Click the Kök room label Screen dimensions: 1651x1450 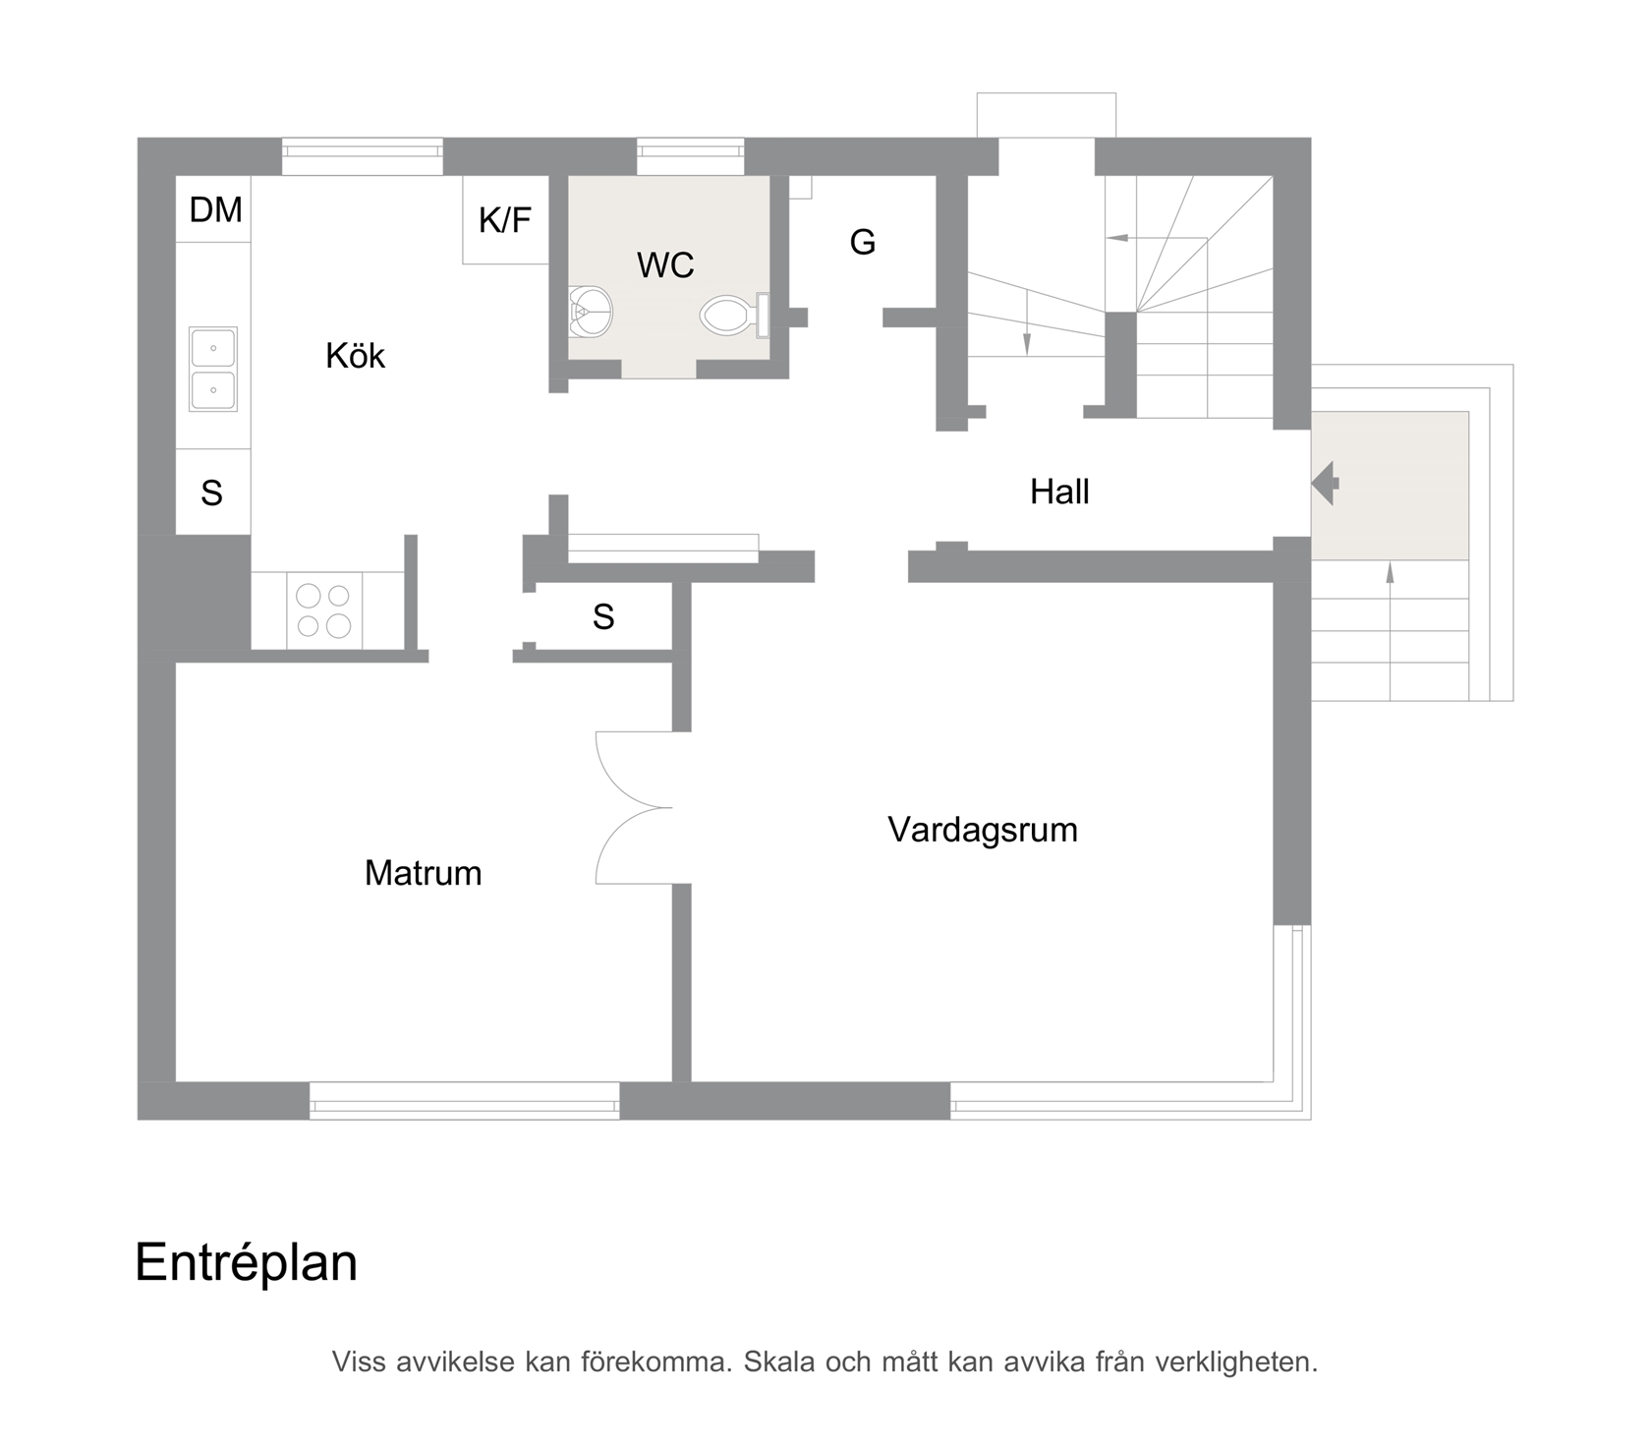(355, 355)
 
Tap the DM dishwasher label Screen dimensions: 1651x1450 (215, 209)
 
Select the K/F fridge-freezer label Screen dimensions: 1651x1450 (505, 220)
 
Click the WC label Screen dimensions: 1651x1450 (665, 264)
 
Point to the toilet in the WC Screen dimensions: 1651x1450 (734, 316)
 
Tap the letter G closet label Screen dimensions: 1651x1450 (862, 242)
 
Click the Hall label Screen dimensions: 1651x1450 (1059, 492)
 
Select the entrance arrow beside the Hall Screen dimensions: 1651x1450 (1325, 484)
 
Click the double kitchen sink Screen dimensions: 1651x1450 (213, 370)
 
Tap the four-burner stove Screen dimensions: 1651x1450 (324, 610)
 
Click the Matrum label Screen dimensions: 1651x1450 (423, 873)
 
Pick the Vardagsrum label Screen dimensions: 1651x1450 (983, 830)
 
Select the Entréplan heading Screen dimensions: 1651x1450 (246, 1263)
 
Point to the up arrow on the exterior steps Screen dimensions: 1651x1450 (1390, 628)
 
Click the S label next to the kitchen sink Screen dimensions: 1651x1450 (211, 493)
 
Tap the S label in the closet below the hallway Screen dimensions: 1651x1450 (603, 617)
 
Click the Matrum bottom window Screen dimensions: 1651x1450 (465, 1101)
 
